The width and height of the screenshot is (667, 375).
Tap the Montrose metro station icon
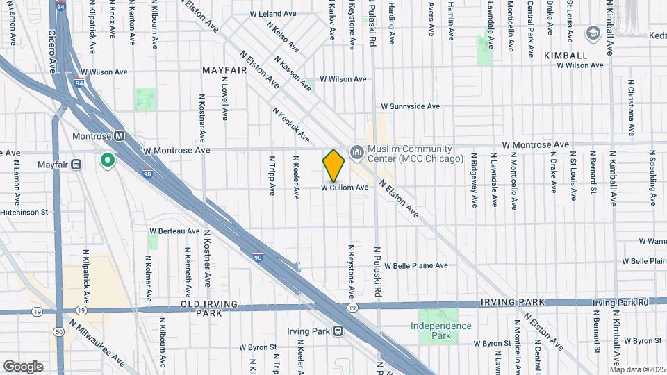click(x=119, y=136)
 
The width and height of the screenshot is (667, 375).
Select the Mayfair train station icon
click(x=76, y=165)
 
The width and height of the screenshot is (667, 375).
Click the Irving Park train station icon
click(x=338, y=331)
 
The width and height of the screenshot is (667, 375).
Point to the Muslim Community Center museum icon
click(x=357, y=151)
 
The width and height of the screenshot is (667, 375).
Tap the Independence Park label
click(x=440, y=331)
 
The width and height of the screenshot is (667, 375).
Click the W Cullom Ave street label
click(x=344, y=187)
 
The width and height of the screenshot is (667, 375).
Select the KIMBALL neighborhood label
click(x=566, y=55)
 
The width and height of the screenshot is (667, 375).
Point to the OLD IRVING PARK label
click(x=209, y=309)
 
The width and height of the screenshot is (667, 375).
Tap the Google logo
click(x=23, y=366)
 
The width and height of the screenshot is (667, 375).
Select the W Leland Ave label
click(x=273, y=13)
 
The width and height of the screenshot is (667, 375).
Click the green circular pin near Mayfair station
click(x=107, y=161)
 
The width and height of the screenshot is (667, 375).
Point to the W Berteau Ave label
click(x=174, y=231)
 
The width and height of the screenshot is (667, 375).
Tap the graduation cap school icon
click(x=593, y=33)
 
